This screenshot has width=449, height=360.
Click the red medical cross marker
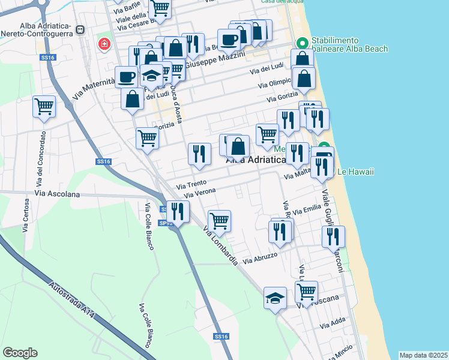[104, 44]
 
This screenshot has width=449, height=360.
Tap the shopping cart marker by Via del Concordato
[44, 107]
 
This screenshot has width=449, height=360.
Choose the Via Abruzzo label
[261, 259]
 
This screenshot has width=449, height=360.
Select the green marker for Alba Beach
[302, 43]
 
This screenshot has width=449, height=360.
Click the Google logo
[20, 352]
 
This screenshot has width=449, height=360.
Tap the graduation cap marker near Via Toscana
[275, 298]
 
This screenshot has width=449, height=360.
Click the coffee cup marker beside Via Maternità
[127, 76]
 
